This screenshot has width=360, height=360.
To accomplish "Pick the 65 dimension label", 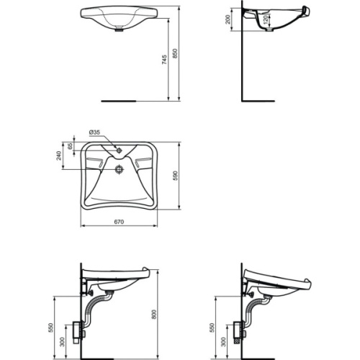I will [71, 146].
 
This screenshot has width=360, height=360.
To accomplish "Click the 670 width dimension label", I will [119, 221].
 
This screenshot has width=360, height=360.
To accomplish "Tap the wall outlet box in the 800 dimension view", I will [80, 333].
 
